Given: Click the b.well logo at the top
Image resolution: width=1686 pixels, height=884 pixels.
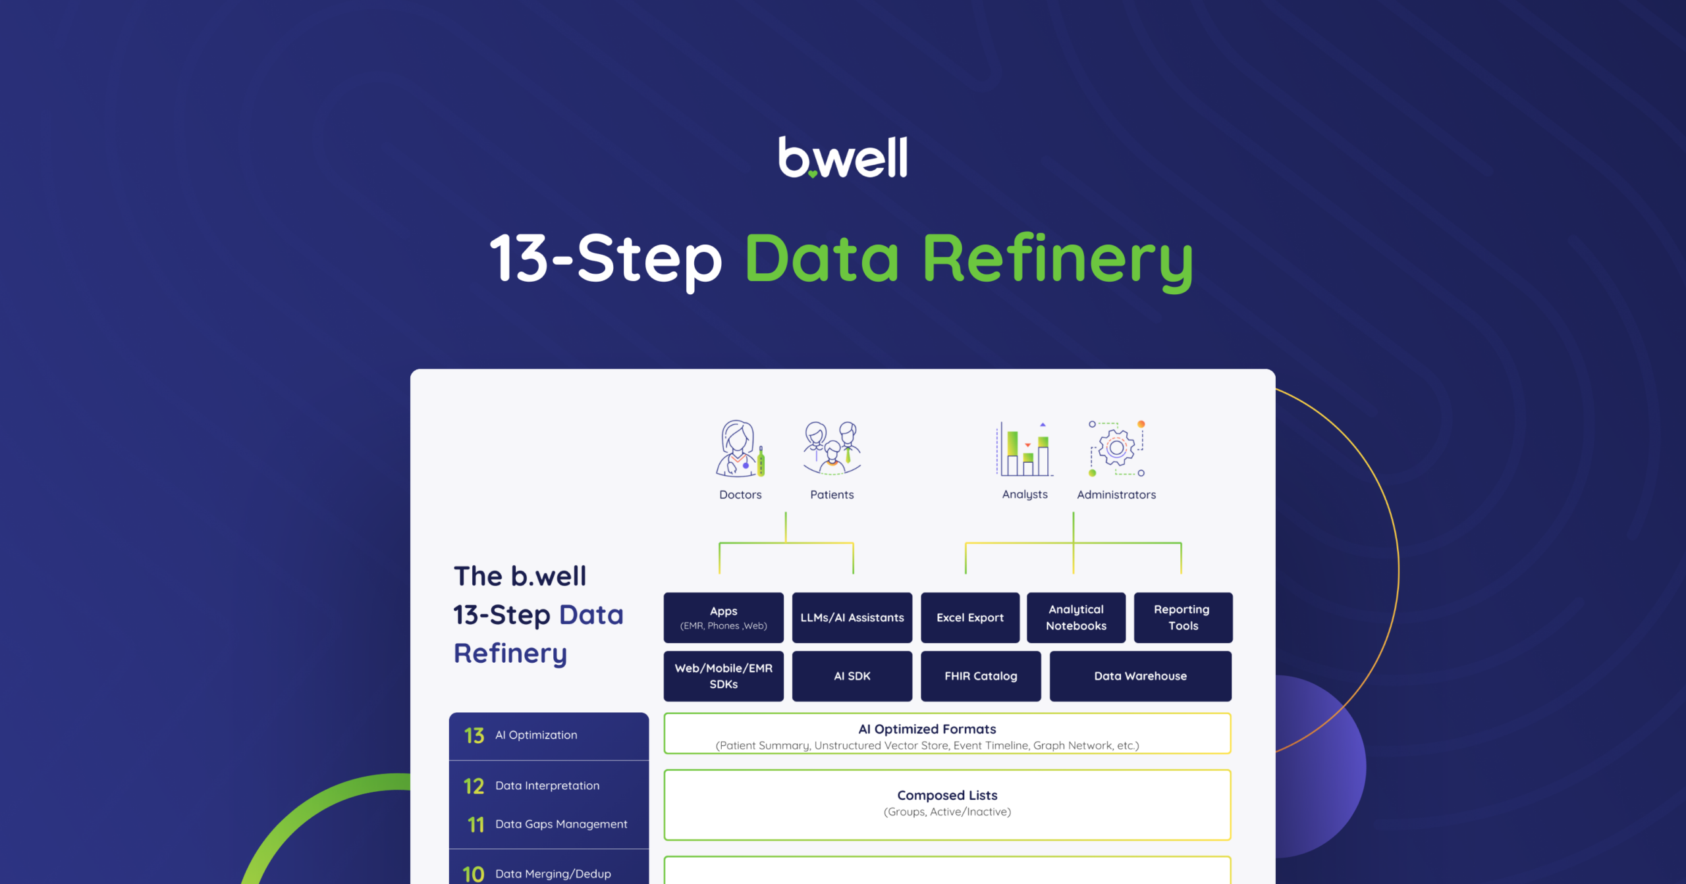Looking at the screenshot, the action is [843, 157].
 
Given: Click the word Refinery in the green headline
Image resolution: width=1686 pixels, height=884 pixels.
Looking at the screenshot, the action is [1058, 261].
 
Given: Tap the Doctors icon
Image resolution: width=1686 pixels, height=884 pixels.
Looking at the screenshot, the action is [740, 448].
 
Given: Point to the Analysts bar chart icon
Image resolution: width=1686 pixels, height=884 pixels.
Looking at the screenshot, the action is [1025, 449].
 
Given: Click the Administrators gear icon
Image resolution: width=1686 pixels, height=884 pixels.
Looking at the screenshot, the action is [1117, 448].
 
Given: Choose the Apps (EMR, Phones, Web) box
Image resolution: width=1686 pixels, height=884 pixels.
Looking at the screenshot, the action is [723, 617].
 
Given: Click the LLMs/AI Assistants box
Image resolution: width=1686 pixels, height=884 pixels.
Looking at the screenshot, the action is [852, 617].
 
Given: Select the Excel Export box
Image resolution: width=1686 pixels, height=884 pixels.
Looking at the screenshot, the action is [970, 617].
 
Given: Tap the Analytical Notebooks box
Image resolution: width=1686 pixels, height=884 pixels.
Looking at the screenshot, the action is [1076, 617].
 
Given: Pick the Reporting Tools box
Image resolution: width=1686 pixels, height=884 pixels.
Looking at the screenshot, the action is [1183, 617].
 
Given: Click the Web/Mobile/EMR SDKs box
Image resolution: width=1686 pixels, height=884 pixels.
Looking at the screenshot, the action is [723, 676].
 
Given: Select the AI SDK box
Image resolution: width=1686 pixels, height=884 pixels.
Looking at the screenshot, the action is [852, 676].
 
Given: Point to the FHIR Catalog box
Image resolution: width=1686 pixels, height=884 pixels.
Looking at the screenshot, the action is [981, 676].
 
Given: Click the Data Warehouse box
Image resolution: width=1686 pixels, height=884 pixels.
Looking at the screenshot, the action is [1141, 676].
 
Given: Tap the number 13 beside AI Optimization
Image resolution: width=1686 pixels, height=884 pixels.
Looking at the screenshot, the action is [474, 735].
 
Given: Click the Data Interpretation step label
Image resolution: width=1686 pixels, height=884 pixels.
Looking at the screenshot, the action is [547, 785].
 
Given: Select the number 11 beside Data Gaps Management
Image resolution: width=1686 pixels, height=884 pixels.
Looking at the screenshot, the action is [476, 824].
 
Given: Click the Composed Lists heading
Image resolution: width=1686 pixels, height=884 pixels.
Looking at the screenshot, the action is [947, 795].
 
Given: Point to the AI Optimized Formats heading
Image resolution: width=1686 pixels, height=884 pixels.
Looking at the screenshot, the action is [927, 729].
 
